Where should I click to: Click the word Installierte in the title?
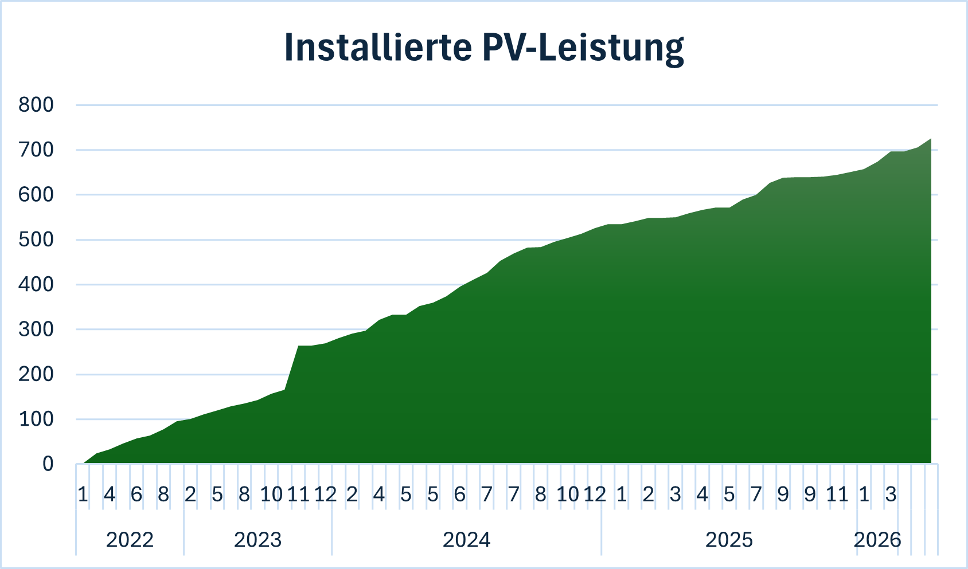[378, 47]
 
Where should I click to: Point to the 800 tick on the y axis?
[36, 105]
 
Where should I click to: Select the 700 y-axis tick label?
[36, 150]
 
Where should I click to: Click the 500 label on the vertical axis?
[36, 240]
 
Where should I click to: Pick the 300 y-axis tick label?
[36, 329]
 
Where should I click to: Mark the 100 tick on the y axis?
[36, 419]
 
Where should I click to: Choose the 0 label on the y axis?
[48, 464]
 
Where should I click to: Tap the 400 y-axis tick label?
[36, 284]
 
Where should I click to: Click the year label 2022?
[130, 540]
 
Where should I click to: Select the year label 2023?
[257, 540]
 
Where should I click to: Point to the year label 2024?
[466, 540]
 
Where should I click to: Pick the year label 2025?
[729, 540]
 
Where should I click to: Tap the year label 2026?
[877, 540]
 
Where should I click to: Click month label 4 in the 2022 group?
[110, 494]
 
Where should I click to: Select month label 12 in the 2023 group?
[325, 494]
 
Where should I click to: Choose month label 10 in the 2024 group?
[568, 494]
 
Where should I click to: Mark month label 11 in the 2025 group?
[837, 494]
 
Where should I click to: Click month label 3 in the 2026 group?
[891, 494]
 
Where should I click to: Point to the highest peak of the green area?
[931, 139]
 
